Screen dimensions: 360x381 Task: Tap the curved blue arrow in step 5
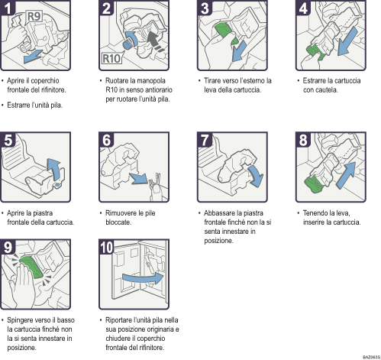(53, 167)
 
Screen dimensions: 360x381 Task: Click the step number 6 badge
(108, 140)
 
